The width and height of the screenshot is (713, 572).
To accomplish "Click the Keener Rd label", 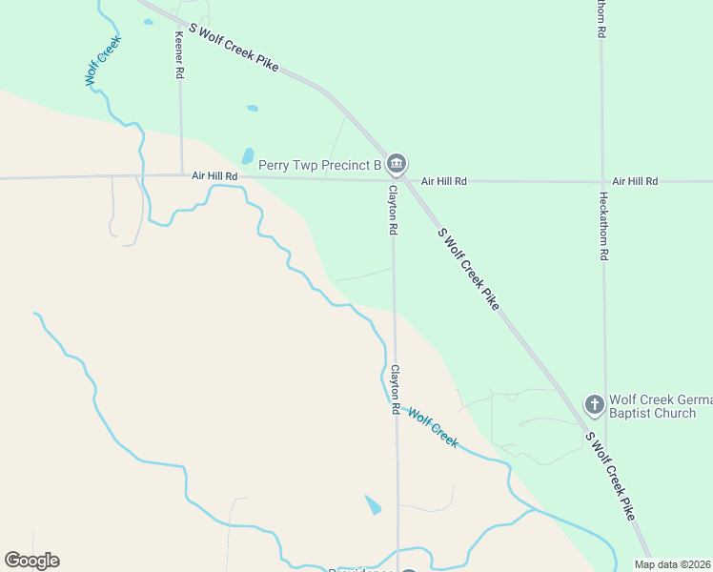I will click(178, 52).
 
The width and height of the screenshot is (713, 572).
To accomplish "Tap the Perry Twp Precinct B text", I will click(319, 165).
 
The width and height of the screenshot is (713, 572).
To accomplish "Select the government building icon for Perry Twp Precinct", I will click(397, 165).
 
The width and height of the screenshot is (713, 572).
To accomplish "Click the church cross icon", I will click(594, 405).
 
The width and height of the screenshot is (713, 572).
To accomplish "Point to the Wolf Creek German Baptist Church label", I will click(653, 406).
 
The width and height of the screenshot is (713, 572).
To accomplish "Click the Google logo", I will click(31, 561).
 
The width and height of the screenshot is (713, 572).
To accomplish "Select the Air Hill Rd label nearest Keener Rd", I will click(214, 176).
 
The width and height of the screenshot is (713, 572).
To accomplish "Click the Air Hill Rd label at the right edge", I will click(635, 181).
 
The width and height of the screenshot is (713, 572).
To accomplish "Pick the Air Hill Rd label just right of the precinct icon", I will click(444, 181).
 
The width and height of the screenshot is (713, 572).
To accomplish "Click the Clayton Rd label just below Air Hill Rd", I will click(392, 210).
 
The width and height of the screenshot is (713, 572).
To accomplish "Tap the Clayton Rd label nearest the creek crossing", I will click(394, 389).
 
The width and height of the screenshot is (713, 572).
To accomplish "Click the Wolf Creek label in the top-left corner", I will click(103, 62).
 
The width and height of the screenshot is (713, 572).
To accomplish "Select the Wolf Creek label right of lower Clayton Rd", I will click(433, 428).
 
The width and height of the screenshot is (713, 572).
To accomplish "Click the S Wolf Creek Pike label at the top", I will click(234, 48).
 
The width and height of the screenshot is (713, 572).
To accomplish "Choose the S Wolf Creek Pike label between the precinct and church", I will click(468, 268).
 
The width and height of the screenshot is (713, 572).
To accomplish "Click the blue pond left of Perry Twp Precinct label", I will click(248, 155).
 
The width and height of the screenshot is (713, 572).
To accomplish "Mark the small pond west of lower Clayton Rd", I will click(373, 504).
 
